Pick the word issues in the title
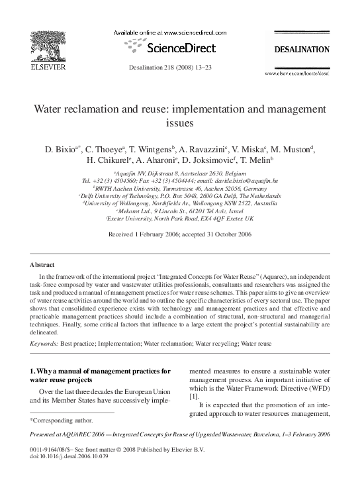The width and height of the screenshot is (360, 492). point(180,123)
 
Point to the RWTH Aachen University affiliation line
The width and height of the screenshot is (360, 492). point(180,188)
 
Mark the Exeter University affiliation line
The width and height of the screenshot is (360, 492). point(180,220)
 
